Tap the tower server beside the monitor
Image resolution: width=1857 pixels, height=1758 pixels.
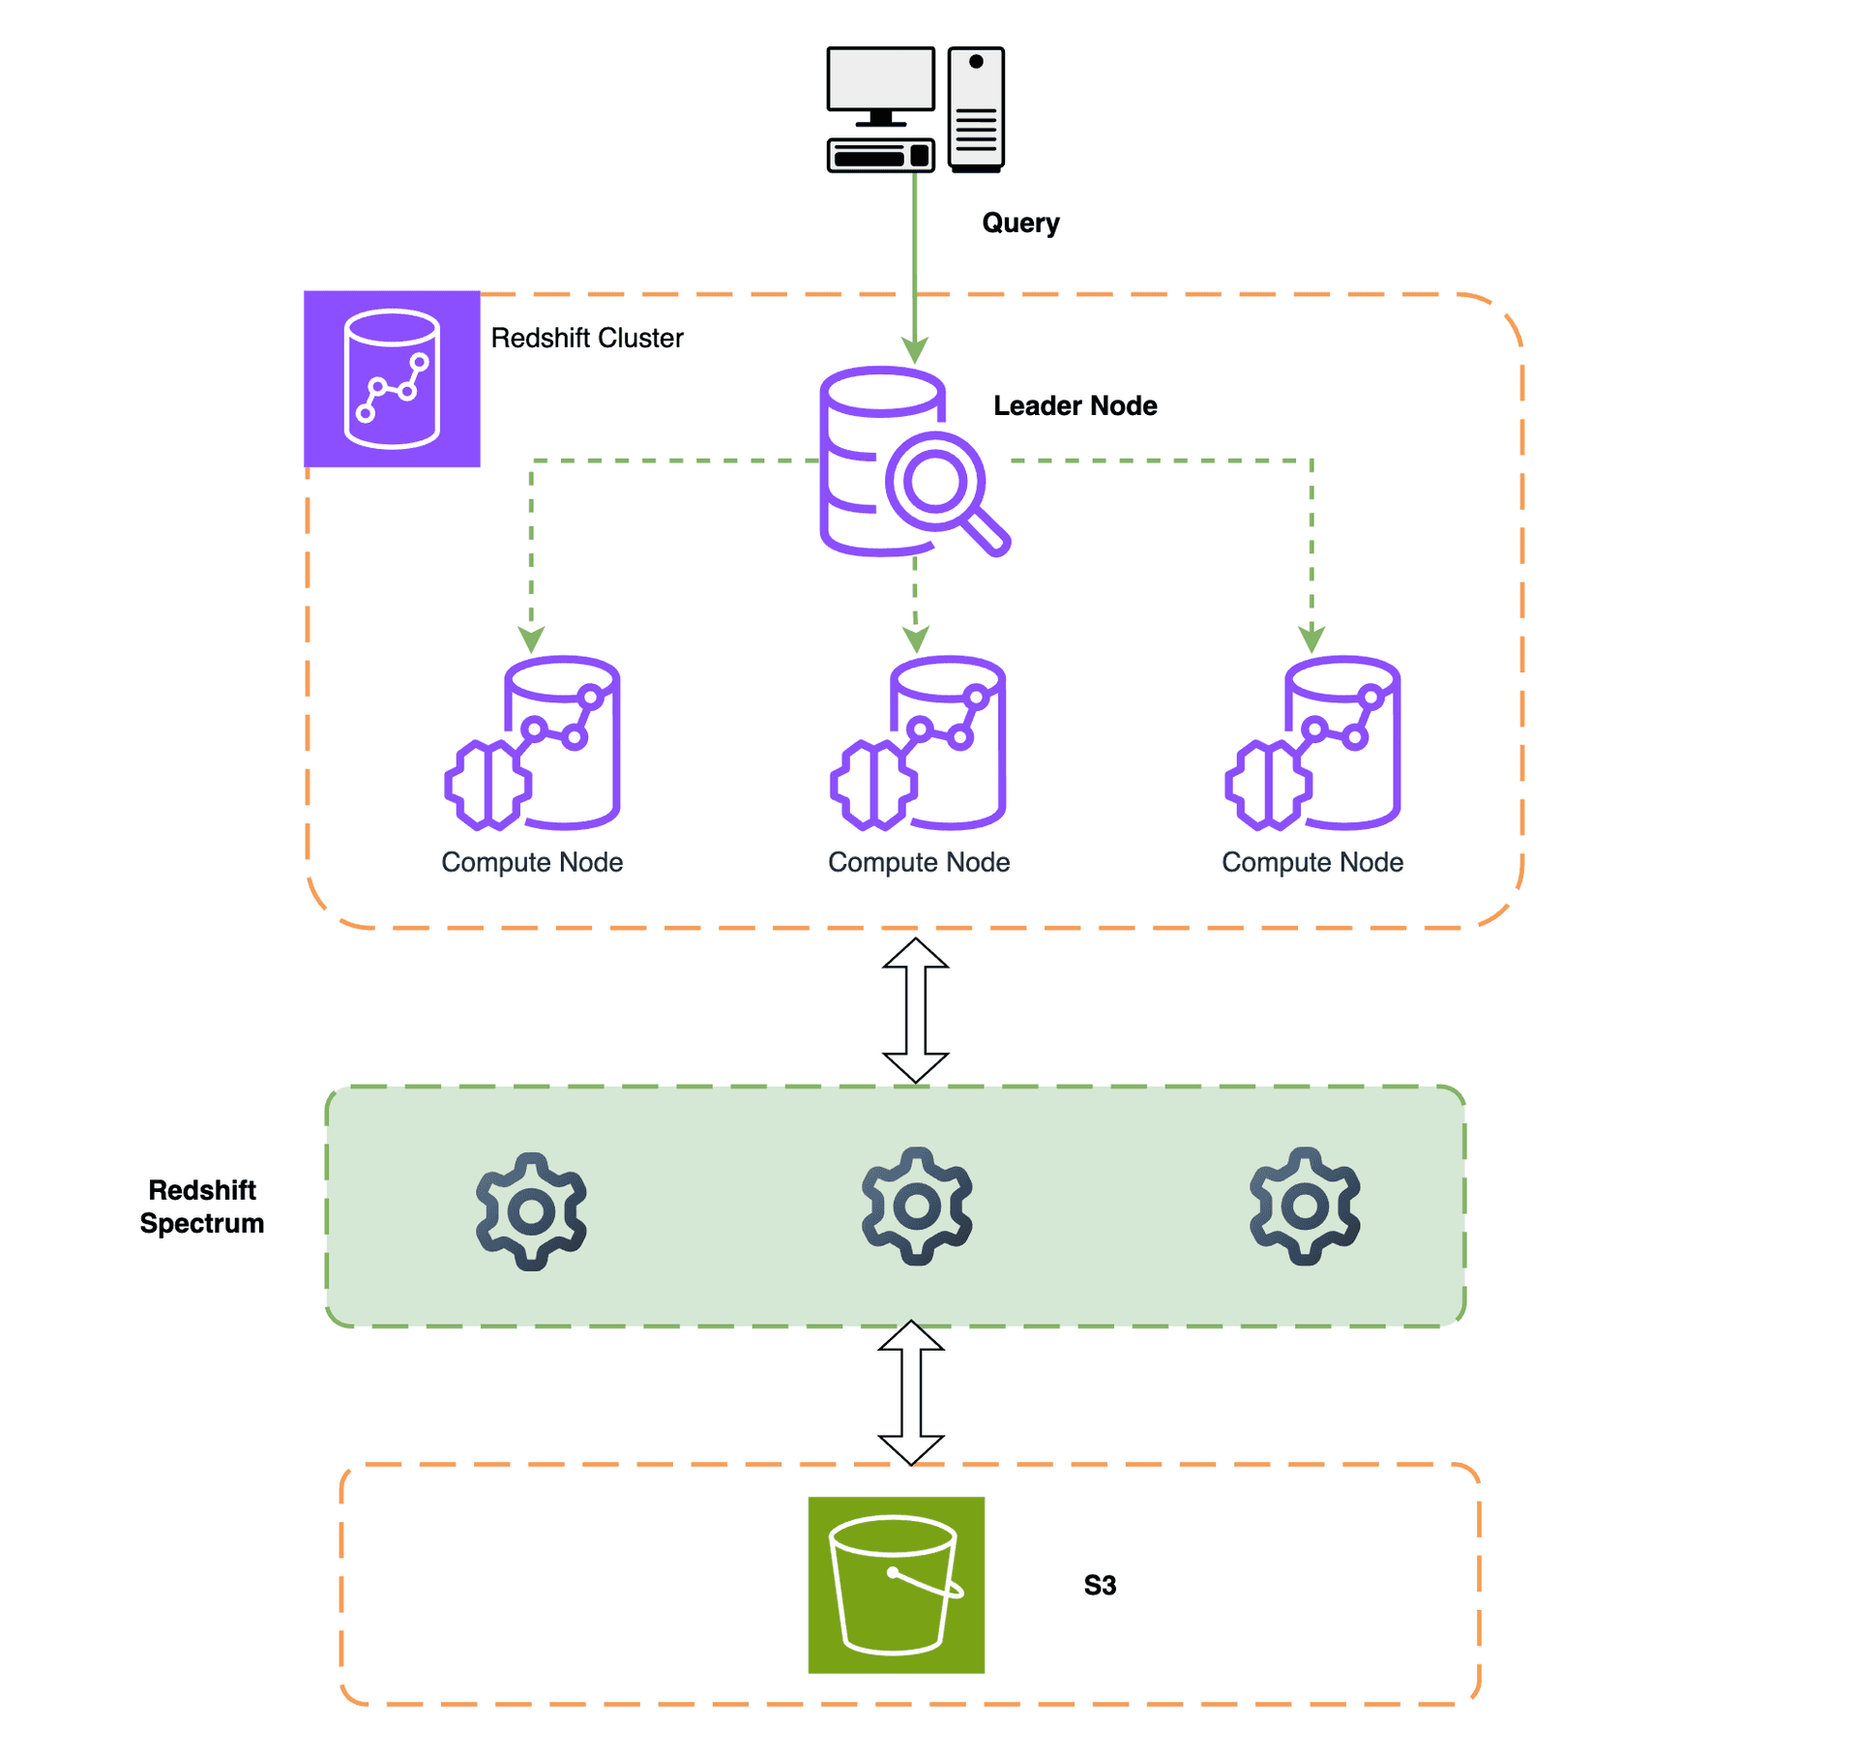click(x=976, y=108)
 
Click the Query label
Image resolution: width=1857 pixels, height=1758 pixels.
click(x=1020, y=223)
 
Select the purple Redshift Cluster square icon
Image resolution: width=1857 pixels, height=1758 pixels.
click(x=392, y=378)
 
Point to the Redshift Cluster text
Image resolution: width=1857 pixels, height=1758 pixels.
click(x=586, y=338)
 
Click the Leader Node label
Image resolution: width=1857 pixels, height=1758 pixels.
click(x=1075, y=405)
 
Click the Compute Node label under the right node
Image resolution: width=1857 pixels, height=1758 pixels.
click(x=1312, y=862)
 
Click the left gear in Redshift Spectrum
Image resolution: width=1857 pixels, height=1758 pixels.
click(x=531, y=1211)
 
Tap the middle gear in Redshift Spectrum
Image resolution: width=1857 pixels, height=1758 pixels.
click(x=917, y=1207)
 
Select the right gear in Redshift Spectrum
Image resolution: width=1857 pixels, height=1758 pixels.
click(x=1305, y=1207)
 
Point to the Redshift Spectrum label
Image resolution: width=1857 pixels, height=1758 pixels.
click(x=202, y=1207)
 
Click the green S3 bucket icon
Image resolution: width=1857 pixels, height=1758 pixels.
click(x=896, y=1585)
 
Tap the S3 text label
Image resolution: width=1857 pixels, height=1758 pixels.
click(x=1100, y=1586)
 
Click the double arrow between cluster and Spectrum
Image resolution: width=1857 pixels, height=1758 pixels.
click(x=915, y=1010)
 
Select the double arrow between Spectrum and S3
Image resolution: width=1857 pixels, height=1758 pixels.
click(x=911, y=1392)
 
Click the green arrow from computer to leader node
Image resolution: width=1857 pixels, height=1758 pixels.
click(x=915, y=261)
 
